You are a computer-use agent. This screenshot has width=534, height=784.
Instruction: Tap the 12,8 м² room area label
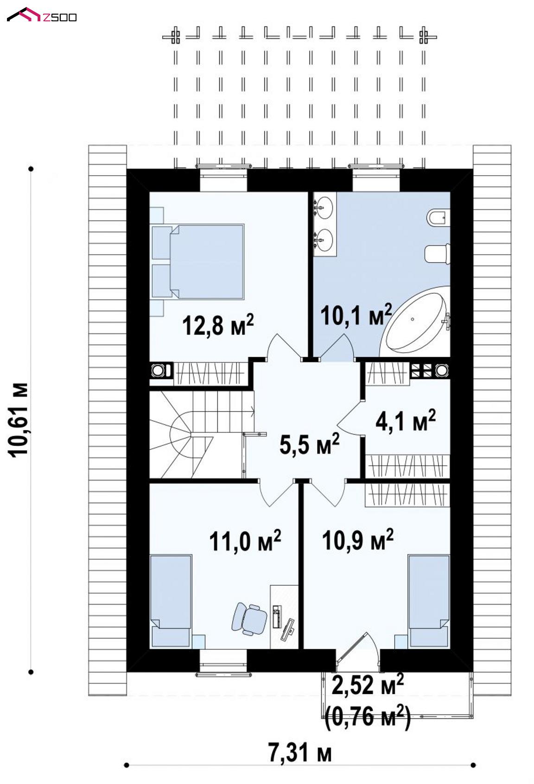218,324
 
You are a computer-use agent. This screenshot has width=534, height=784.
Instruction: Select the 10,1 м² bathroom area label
356,314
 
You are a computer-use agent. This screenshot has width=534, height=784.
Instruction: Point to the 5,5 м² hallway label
310,443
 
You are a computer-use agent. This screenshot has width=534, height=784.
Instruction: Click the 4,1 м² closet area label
406,420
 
